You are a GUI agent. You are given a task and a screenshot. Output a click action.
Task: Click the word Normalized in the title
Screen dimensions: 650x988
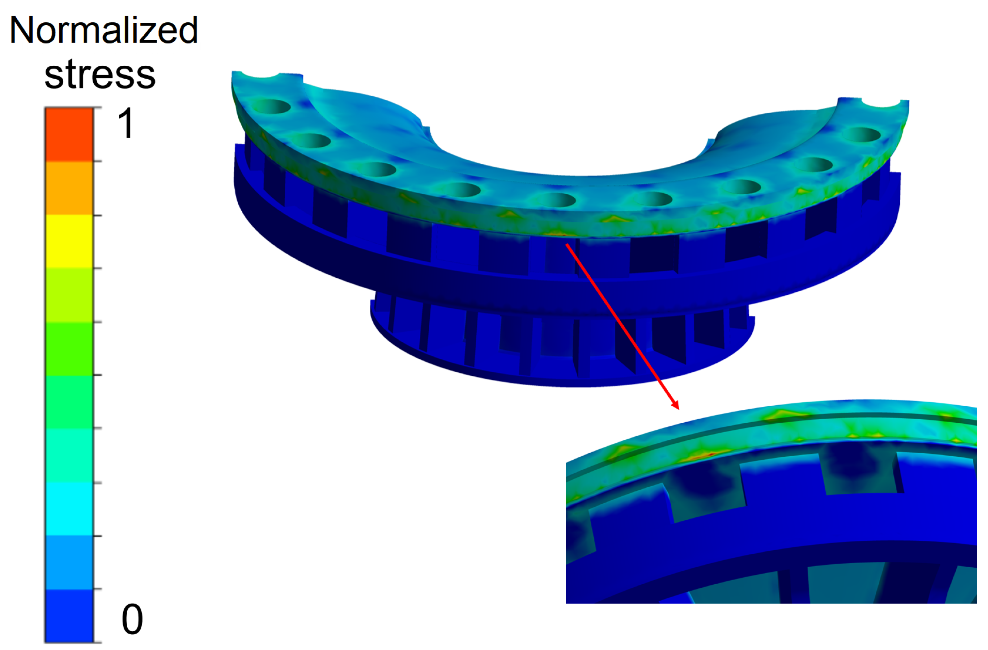pyautogui.click(x=104, y=31)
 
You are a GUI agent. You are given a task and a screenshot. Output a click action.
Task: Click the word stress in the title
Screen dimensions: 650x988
pyautogui.click(x=100, y=75)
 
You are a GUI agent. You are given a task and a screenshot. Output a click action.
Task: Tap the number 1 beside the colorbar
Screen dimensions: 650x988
pyautogui.click(x=125, y=123)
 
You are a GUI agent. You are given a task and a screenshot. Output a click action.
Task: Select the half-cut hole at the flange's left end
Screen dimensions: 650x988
pyautogui.click(x=261, y=75)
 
